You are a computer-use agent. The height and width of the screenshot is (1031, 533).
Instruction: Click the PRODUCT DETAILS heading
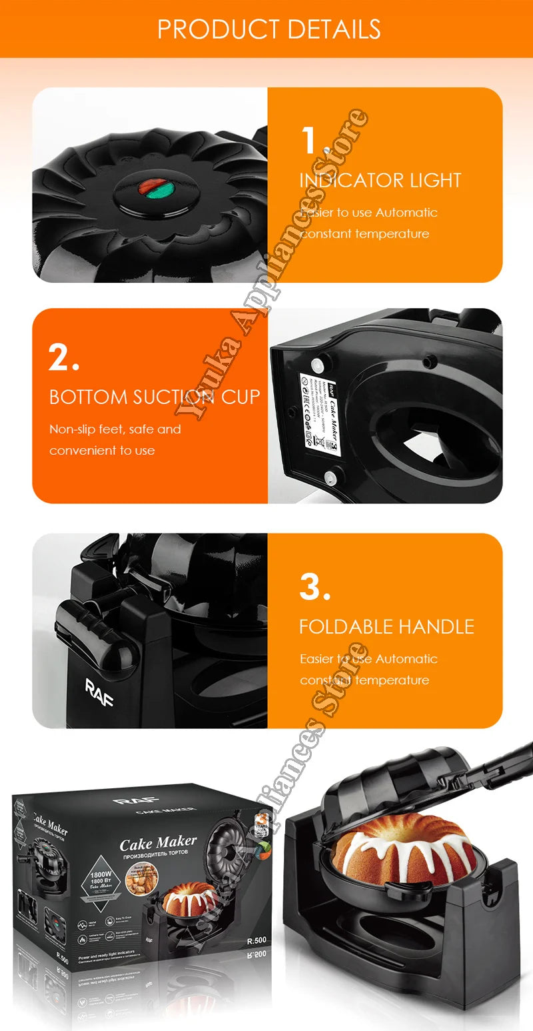pos(268,29)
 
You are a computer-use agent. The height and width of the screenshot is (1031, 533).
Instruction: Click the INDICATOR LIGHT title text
pos(380,180)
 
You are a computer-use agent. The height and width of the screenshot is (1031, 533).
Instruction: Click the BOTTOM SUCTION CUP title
pos(155,397)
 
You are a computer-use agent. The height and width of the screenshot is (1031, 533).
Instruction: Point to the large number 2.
pos(65,357)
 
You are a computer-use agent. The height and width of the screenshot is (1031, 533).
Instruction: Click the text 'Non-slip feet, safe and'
pos(115,429)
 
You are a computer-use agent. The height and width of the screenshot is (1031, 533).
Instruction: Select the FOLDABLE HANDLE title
pos(386,626)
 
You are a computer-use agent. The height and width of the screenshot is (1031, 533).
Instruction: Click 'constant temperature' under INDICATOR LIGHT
pos(364,233)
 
